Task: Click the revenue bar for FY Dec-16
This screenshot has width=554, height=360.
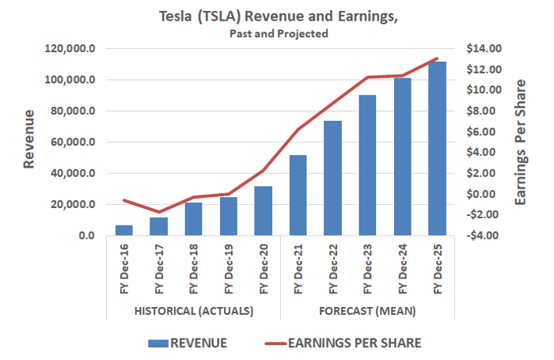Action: point(124,230)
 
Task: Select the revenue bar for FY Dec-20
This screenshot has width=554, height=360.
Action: point(264,210)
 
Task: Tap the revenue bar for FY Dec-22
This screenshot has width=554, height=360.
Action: point(333,178)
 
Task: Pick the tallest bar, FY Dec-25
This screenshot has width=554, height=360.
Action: point(438,149)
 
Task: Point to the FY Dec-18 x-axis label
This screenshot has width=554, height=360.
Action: point(194,269)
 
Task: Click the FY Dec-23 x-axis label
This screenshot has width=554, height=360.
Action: point(368,269)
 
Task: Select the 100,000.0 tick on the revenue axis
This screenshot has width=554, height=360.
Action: point(70,80)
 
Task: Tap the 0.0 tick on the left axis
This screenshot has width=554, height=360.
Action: point(87,236)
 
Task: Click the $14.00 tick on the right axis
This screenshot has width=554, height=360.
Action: point(484,48)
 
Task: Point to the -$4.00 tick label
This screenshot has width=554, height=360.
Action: point(483,235)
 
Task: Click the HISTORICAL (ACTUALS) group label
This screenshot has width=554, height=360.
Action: point(194,311)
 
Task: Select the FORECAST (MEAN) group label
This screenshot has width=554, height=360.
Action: point(367,311)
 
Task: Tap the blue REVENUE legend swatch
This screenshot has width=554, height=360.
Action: point(158,343)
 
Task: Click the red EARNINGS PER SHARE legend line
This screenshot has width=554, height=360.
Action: point(275,343)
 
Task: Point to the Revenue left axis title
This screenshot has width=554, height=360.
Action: point(29,139)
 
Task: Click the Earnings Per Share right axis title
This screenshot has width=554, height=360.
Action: point(521,142)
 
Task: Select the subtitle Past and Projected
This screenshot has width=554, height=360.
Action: point(279,33)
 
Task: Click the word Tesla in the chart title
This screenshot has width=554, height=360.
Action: point(175,17)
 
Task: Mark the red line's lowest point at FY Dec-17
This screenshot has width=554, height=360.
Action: point(159,212)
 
